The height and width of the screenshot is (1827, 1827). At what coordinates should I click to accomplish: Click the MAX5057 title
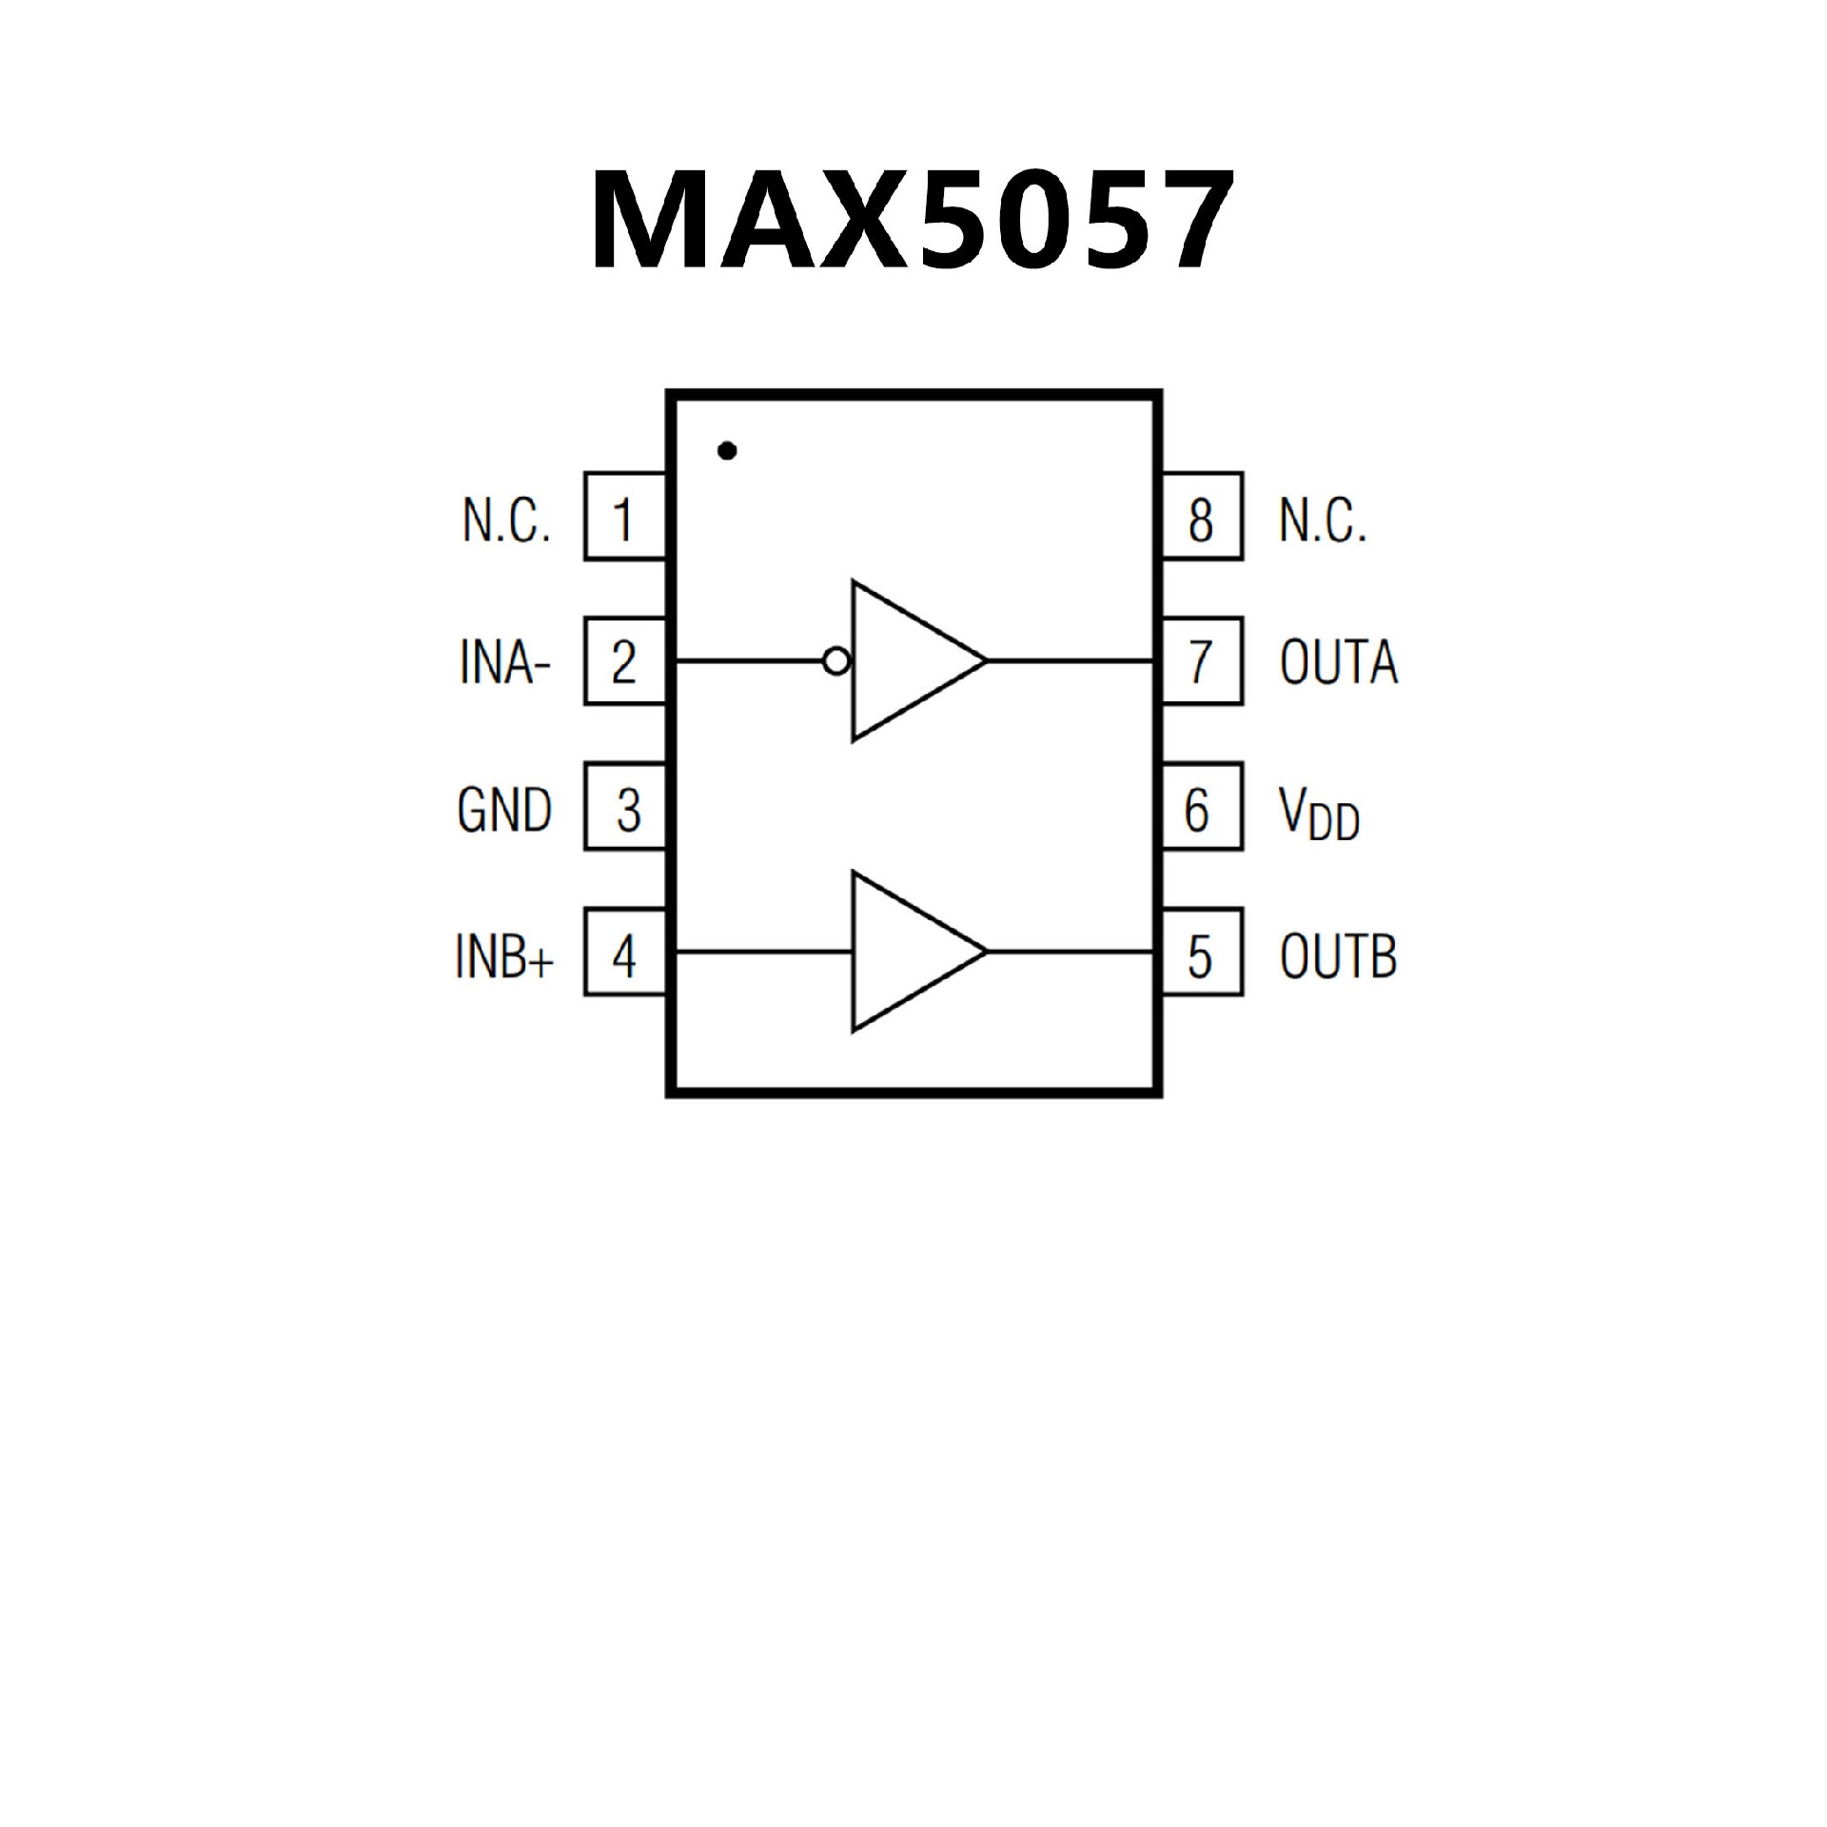point(912,221)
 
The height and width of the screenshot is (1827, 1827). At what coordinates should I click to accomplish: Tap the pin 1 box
point(624,517)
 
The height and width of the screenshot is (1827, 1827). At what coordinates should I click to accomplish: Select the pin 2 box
point(624,661)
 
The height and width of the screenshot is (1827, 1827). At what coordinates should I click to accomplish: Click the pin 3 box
point(624,807)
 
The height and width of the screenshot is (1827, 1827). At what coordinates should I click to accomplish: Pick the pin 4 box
point(624,953)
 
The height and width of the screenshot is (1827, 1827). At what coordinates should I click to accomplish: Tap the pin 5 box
point(1202,953)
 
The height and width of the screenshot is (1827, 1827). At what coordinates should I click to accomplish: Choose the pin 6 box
point(1202,807)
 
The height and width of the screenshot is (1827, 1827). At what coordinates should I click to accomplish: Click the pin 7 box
point(1202,661)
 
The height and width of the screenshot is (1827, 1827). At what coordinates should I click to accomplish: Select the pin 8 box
point(1202,517)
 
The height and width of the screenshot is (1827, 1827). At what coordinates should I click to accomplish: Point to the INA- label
point(504,662)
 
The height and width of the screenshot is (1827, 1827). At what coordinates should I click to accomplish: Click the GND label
point(504,809)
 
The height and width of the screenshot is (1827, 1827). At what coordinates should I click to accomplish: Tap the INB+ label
point(504,955)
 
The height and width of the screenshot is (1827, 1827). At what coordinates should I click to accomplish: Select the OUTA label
point(1338,662)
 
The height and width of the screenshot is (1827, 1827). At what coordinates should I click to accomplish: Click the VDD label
point(1319,815)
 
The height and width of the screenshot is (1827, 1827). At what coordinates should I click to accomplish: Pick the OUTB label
point(1338,955)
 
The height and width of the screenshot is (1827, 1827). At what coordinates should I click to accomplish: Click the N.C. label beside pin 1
point(506,521)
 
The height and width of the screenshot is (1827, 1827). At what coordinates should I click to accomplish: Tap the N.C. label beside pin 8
point(1323,521)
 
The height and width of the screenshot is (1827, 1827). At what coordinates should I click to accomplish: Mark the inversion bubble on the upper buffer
point(836,660)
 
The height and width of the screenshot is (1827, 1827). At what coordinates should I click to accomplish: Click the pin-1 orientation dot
point(728,451)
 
